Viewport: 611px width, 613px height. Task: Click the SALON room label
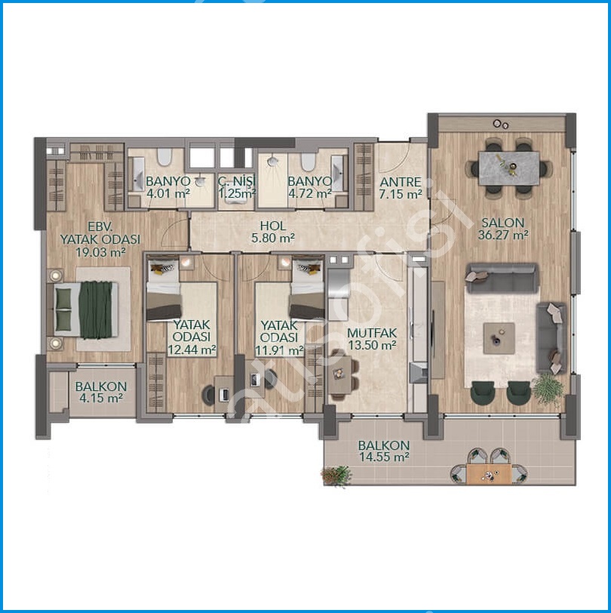pos(502,223)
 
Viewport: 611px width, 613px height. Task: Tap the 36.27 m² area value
pos(503,236)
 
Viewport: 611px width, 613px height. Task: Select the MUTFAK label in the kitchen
pos(372,333)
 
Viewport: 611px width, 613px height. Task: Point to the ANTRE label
pos(401,182)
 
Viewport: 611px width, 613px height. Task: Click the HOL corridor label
pos(273,226)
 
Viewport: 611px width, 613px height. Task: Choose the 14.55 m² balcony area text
pos(384,457)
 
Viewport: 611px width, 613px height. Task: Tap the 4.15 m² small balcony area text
pos(101,399)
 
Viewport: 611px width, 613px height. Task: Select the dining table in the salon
pos(509,168)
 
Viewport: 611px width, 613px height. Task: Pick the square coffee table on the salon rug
pos(499,338)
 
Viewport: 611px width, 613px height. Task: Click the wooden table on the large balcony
pos(489,473)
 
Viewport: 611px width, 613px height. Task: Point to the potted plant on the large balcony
pos(336,476)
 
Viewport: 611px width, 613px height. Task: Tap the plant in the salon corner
pos(548,390)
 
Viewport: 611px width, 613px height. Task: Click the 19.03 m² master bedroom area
pos(100,252)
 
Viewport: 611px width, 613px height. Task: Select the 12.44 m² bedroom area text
pos(192,350)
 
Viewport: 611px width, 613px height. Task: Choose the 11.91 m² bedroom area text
pos(279,350)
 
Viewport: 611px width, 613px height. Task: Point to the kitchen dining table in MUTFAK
pos(340,374)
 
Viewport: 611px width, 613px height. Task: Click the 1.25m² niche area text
pos(237,193)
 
